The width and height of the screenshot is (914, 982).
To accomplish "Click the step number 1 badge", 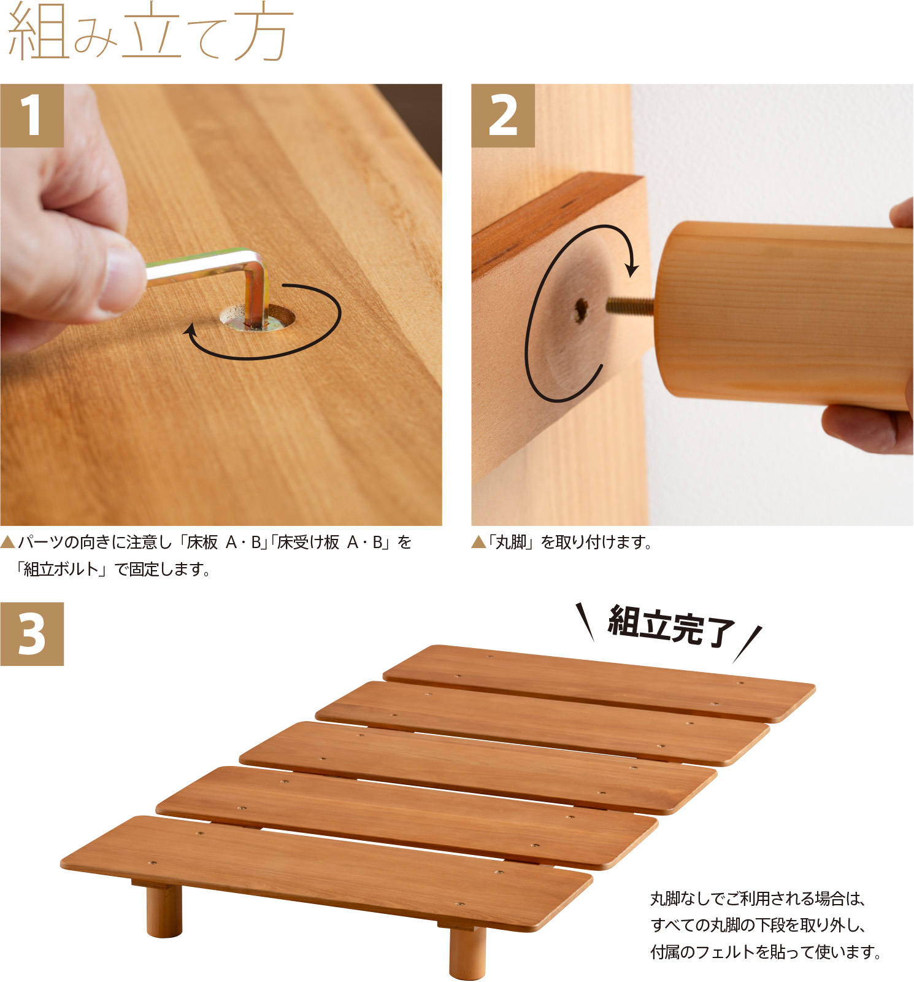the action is pos(32,115).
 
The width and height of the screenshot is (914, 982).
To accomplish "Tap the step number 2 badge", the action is pos(503,115).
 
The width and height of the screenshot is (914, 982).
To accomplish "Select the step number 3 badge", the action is pos(32,634).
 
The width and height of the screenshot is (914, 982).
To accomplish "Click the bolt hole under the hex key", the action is pos(258,317).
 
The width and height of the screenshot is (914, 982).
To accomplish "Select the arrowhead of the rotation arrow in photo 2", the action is pos(632,270).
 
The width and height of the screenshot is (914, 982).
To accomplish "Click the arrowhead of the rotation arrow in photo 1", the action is pos(191,331).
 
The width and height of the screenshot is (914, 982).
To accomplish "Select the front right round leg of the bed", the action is pos(467,951).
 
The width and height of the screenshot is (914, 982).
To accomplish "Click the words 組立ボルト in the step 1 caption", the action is pos(61,570).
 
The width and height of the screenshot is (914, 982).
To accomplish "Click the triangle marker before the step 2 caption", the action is pos(478,543).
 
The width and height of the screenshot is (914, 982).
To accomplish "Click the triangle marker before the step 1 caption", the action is pos(7,543).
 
